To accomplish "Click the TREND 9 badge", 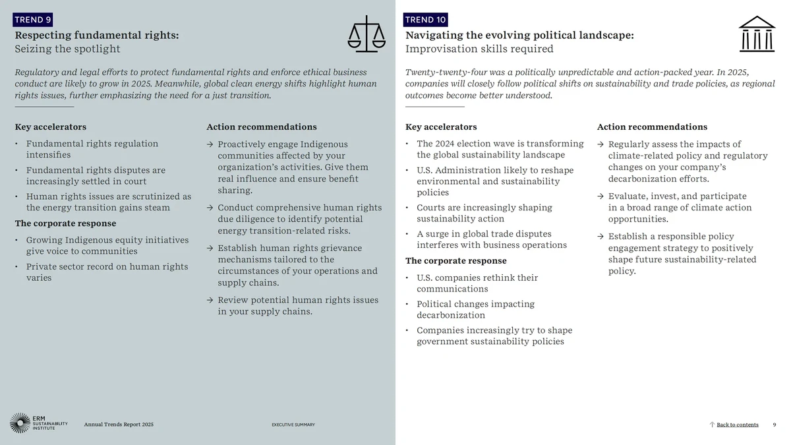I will click(x=33, y=20).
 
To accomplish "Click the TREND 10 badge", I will click(x=425, y=20).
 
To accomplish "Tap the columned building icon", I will click(x=757, y=34).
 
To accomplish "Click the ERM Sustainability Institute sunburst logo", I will click(x=20, y=423).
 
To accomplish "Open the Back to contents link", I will click(x=737, y=425).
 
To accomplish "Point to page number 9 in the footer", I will click(x=775, y=425).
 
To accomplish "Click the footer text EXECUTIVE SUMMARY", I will click(x=293, y=425).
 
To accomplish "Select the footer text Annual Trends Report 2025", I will click(x=119, y=425).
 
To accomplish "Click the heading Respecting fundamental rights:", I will click(x=97, y=35).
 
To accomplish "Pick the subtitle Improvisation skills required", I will click(x=479, y=49).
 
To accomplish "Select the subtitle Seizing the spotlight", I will click(x=68, y=49).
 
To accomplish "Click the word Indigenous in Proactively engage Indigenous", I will click(x=324, y=144).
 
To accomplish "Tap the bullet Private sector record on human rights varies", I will click(x=107, y=272).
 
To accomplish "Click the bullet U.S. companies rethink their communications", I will click(x=477, y=283).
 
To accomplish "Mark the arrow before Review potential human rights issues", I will click(x=210, y=301).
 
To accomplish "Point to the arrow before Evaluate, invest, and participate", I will click(x=601, y=196).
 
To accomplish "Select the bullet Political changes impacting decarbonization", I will click(x=475, y=310).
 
